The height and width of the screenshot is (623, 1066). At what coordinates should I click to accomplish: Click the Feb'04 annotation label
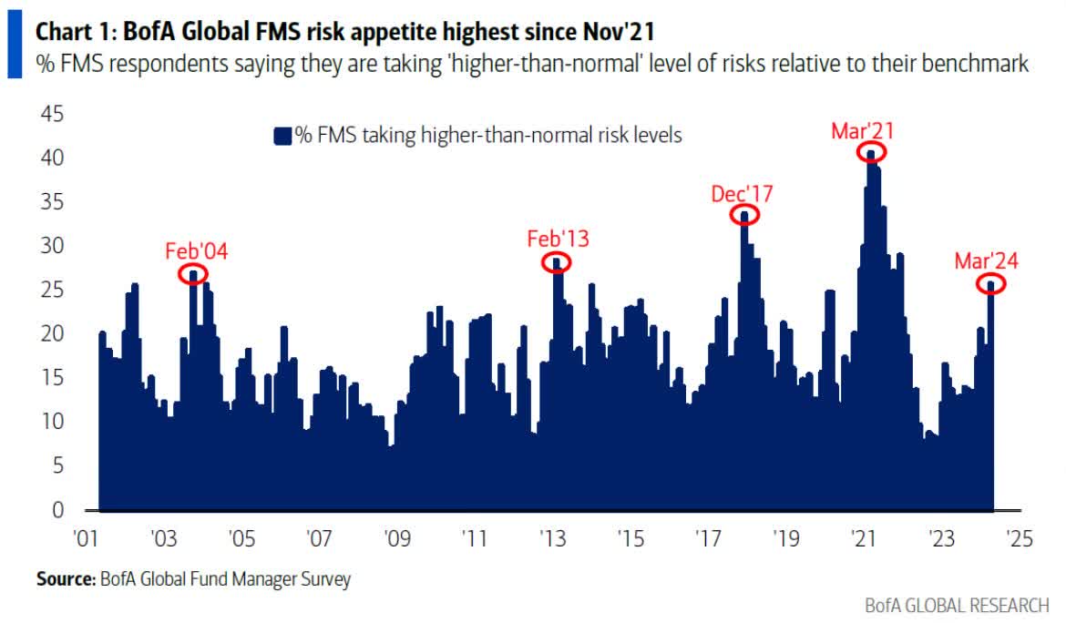pyautogui.click(x=196, y=251)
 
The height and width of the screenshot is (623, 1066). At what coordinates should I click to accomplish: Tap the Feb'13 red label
pyautogui.click(x=558, y=240)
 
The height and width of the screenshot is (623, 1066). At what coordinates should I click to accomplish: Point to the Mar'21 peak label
pyautogui.click(x=862, y=130)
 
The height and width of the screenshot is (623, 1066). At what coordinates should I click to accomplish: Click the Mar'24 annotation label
pyautogui.click(x=986, y=261)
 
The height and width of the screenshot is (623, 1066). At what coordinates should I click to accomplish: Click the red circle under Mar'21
pyautogui.click(x=872, y=151)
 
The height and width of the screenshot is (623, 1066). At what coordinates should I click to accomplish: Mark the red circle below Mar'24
pyautogui.click(x=991, y=283)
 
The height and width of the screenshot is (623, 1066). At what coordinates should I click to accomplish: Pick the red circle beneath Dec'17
pyautogui.click(x=744, y=215)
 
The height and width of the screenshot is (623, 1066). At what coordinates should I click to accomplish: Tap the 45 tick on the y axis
pyautogui.click(x=51, y=114)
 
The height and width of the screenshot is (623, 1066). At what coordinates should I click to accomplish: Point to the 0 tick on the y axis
pyautogui.click(x=57, y=509)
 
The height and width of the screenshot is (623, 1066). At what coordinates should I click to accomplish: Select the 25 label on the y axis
pyautogui.click(x=51, y=290)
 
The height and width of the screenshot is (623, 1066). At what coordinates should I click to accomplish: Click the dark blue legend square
pyautogui.click(x=282, y=136)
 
